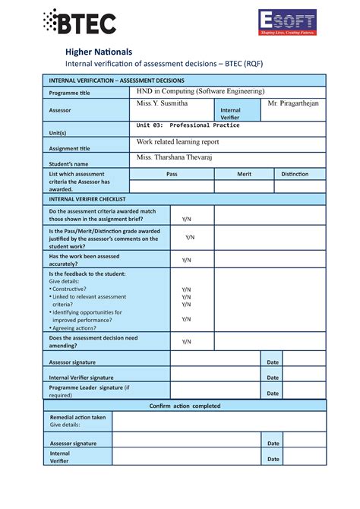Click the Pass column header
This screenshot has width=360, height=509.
(x=172, y=174)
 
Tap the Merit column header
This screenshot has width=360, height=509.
(x=244, y=174)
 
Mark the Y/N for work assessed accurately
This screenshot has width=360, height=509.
(x=186, y=260)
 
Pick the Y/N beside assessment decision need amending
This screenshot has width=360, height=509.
(x=186, y=341)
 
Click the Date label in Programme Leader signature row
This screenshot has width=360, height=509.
(x=273, y=393)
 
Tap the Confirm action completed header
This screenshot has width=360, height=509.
(x=185, y=406)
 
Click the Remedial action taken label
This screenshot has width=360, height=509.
(x=77, y=417)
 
